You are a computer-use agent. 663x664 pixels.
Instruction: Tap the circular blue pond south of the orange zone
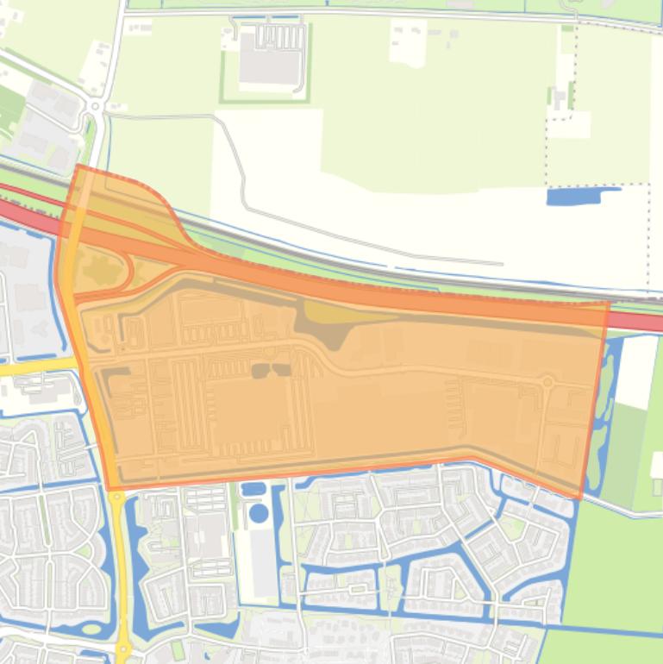click(x=258, y=513)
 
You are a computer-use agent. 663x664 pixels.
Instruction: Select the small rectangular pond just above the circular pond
click(x=254, y=490)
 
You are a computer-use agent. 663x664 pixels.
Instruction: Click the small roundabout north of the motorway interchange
click(x=95, y=106)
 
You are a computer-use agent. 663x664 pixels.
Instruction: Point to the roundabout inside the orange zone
click(x=546, y=380)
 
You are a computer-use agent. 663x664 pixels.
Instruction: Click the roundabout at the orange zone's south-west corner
click(x=116, y=494)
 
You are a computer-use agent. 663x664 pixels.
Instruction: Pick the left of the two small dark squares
click(x=260, y=371)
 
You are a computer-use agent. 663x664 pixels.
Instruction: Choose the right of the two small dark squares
click(x=281, y=370)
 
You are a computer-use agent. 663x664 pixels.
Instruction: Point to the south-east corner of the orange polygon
click(x=579, y=498)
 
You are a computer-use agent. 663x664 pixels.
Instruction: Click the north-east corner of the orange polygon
click(x=609, y=303)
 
